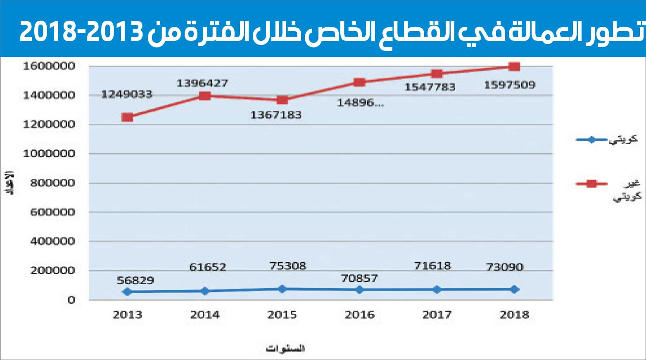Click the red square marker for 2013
click(127, 118)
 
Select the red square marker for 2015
click(282, 100)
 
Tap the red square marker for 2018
click(514, 66)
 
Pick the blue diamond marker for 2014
click(205, 291)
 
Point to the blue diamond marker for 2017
click(437, 290)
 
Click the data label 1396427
click(202, 83)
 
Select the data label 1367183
click(275, 115)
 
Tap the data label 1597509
click(509, 85)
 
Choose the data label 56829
click(135, 281)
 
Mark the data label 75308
click(288, 266)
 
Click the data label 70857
click(359, 279)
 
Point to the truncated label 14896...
click(360, 103)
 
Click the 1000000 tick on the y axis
click(49, 154)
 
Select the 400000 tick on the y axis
click(52, 242)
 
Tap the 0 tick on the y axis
click(71, 300)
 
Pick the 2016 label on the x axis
click(359, 315)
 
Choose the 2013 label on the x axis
click(127, 315)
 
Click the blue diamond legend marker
click(591, 140)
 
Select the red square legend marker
click(591, 184)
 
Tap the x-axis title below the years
click(285, 348)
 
